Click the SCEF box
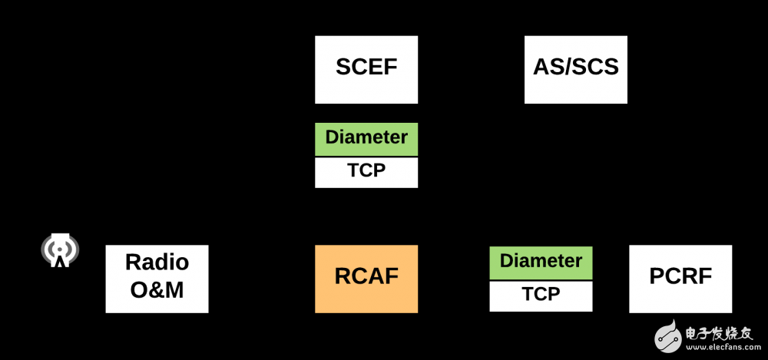point(366,69)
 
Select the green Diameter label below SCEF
point(366,138)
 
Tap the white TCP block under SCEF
point(366,172)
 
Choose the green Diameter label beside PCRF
point(541,262)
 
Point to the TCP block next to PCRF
point(541,296)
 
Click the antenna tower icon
point(60,249)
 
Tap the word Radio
point(157,263)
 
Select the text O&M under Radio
point(157,290)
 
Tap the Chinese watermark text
point(720,334)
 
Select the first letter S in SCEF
point(343,67)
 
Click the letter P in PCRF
point(657,276)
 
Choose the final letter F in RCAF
point(392,276)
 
